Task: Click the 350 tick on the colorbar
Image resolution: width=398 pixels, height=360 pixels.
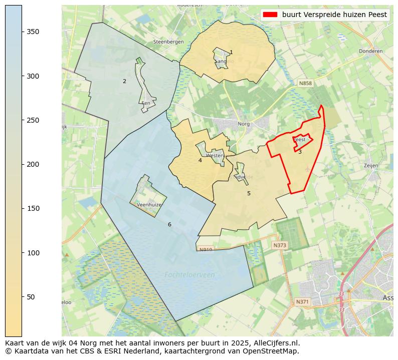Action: (22, 32)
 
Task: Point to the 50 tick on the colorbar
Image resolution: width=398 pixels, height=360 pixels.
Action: (22, 297)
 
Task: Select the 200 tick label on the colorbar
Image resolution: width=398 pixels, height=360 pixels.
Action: (32, 164)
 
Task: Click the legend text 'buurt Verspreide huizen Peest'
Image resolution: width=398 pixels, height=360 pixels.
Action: (334, 15)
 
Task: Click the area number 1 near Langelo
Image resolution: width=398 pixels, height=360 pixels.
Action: (231, 52)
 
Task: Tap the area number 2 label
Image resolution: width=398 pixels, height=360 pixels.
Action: (124, 81)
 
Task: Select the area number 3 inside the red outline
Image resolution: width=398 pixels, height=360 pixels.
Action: (300, 152)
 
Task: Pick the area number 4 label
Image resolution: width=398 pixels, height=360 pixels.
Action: (200, 160)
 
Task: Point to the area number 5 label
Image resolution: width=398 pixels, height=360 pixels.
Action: (249, 193)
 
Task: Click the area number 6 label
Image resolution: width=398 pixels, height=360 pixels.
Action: (169, 224)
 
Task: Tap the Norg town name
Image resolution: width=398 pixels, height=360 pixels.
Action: (244, 123)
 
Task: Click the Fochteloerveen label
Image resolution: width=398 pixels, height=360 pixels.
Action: (189, 274)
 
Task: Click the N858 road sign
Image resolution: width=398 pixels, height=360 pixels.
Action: (305, 83)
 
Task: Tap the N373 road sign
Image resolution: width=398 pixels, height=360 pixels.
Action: (280, 245)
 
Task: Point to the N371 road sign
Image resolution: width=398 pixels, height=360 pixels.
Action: (302, 301)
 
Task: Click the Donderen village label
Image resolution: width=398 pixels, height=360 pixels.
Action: (370, 51)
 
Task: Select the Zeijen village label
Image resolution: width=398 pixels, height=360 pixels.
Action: (371, 165)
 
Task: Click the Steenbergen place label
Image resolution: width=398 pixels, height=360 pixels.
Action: (168, 42)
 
